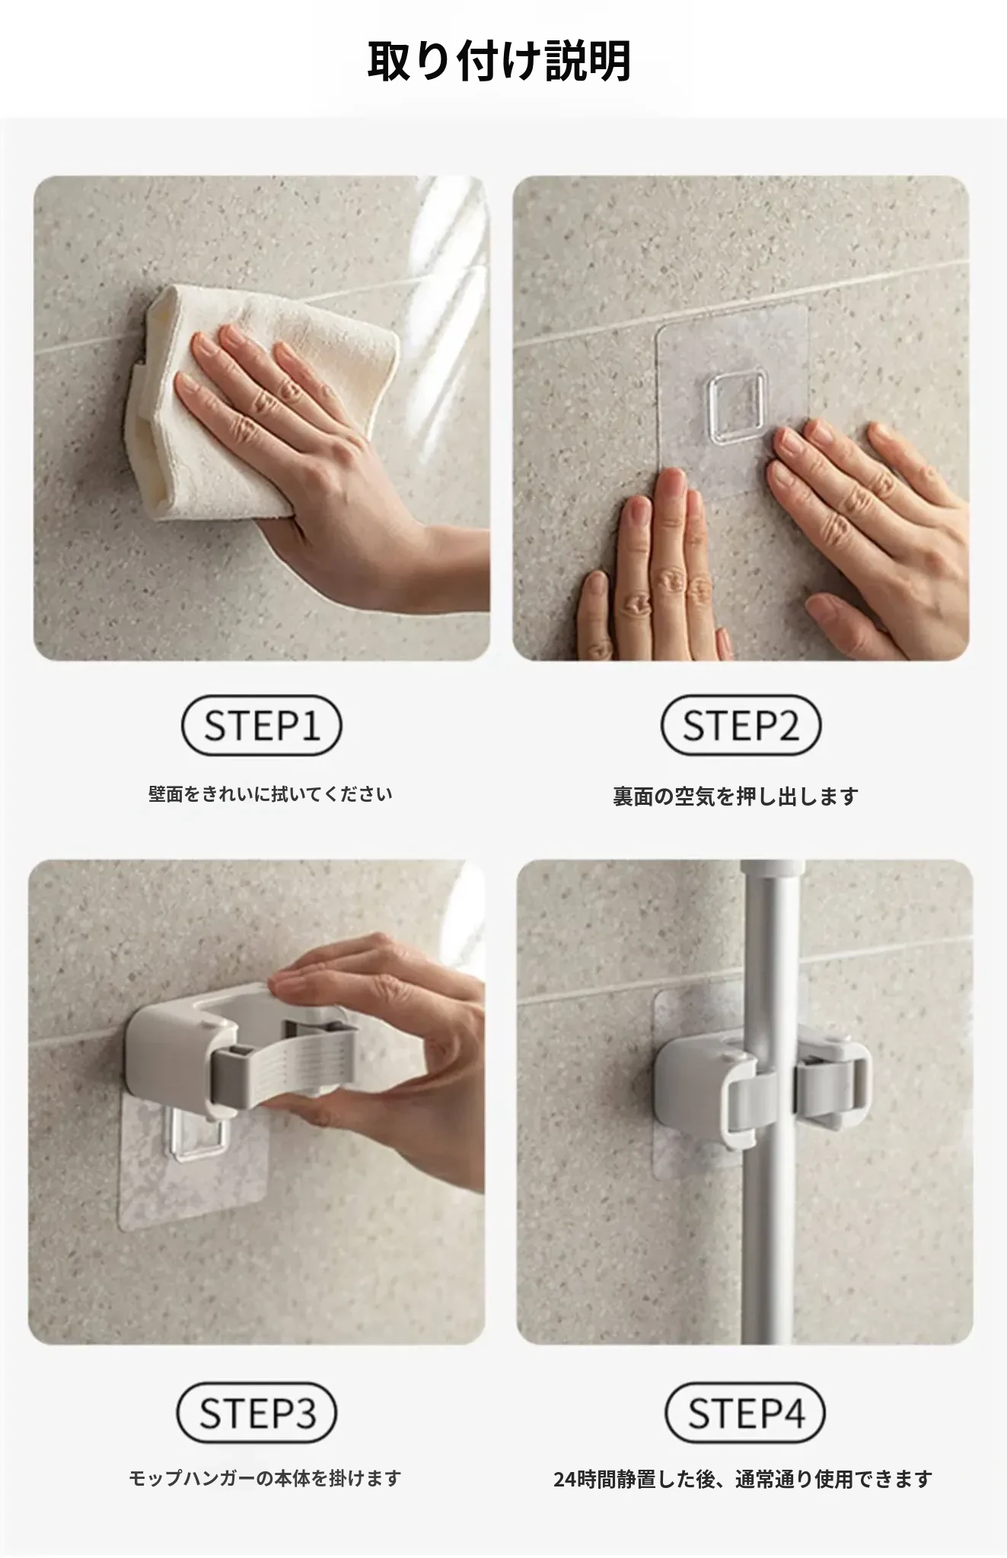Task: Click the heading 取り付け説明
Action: [499, 61]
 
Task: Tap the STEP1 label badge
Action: [261, 725]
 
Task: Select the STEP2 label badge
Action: [741, 725]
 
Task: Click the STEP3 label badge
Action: [257, 1413]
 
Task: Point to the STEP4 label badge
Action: [745, 1413]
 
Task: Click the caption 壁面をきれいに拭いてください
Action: [270, 795]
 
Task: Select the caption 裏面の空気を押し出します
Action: [736, 796]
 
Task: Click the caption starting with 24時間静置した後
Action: [743, 1480]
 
